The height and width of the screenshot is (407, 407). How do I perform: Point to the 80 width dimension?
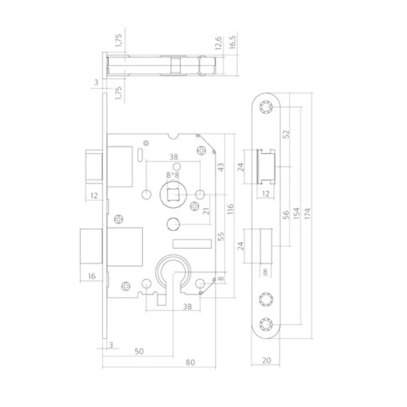tap(189, 362)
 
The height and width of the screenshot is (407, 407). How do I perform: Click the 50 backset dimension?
tap(139, 351)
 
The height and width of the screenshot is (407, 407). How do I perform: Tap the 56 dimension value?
tap(287, 214)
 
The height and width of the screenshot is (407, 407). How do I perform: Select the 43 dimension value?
tap(221, 167)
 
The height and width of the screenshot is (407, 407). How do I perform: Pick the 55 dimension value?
tap(221, 236)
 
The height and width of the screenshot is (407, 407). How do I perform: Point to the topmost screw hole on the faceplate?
tap(266, 107)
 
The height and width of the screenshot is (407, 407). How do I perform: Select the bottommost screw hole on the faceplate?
tap(266, 324)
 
